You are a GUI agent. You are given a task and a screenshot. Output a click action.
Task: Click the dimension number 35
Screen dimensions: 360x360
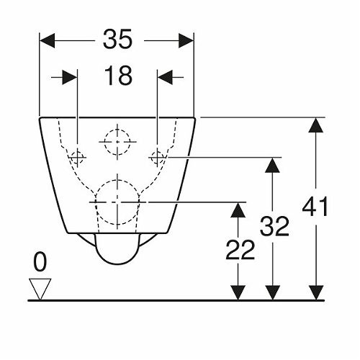point(117,39)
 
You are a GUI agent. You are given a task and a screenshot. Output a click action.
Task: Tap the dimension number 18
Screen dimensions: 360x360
point(118,76)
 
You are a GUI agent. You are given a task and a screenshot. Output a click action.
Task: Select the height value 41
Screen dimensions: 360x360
point(315,206)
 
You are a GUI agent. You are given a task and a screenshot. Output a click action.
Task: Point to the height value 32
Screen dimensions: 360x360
point(274,226)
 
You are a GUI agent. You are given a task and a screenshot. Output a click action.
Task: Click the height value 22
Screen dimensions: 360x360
point(240,250)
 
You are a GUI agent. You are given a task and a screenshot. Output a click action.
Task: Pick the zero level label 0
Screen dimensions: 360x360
point(40,262)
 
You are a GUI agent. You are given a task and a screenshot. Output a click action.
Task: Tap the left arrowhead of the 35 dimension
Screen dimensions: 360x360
point(47,40)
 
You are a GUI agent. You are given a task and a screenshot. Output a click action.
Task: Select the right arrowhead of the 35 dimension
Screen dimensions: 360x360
point(186,40)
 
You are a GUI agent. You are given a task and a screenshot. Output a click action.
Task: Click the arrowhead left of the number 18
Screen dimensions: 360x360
point(70,77)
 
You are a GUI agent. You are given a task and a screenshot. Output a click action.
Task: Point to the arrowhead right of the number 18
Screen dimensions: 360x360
point(165,77)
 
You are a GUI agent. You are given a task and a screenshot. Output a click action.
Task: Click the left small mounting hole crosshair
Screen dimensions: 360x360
point(77,158)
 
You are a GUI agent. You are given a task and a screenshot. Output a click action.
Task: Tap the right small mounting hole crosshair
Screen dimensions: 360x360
point(157,158)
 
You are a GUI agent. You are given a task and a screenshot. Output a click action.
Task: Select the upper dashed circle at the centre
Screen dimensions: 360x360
point(117,130)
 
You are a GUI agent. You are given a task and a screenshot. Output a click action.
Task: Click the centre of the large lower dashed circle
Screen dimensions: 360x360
point(117,202)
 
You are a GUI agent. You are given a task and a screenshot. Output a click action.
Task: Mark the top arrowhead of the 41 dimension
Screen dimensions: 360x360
point(315,125)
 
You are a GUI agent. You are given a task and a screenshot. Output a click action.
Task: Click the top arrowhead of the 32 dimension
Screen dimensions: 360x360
point(272,165)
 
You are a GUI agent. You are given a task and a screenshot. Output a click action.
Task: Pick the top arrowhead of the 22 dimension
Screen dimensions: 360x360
point(238,210)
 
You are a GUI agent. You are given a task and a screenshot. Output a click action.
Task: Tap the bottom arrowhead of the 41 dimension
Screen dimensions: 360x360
point(315,292)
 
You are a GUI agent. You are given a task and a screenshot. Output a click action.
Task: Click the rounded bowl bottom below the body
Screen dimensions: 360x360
point(117,264)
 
